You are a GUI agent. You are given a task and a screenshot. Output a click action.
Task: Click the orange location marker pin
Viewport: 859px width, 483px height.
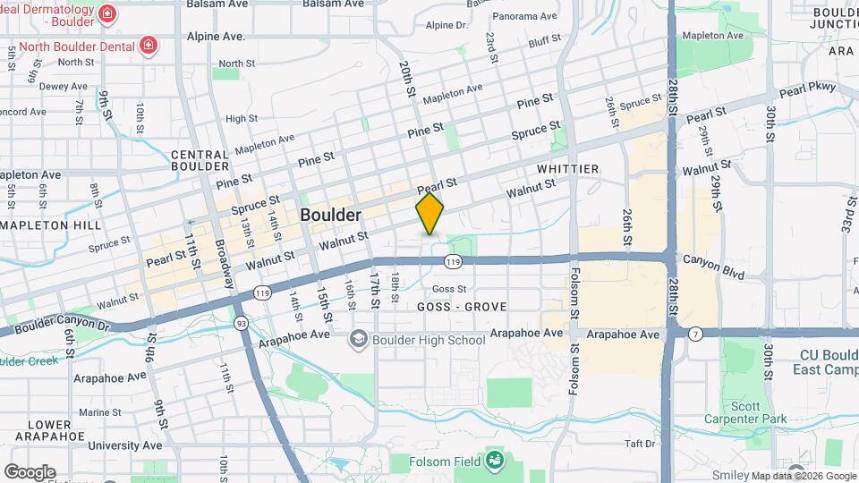click(x=430, y=213)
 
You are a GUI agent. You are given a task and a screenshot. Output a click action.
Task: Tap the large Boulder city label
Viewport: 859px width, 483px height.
click(x=330, y=216)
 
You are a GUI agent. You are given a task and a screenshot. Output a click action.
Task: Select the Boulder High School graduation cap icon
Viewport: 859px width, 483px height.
click(x=359, y=339)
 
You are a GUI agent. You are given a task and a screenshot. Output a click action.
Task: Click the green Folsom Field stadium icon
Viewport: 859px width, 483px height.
click(x=493, y=461)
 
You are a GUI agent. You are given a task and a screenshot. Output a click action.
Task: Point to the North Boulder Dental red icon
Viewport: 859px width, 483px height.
click(x=147, y=46)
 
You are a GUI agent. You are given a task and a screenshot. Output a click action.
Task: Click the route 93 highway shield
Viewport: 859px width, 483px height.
click(x=241, y=322)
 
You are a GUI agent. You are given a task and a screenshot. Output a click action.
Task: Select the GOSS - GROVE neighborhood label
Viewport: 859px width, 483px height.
click(x=462, y=307)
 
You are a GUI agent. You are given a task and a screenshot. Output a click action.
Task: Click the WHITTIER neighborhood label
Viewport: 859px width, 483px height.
click(x=567, y=169)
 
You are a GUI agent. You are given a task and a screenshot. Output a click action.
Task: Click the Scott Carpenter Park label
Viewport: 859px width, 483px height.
click(x=758, y=412)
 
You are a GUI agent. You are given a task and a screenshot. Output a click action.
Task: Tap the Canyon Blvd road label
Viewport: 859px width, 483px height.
click(x=713, y=267)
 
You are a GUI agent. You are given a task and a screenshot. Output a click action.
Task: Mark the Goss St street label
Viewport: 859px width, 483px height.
click(x=449, y=289)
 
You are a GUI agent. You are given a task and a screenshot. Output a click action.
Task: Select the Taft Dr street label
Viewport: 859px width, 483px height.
click(x=641, y=444)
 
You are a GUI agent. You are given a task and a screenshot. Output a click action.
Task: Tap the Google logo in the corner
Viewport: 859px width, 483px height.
click(x=30, y=472)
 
